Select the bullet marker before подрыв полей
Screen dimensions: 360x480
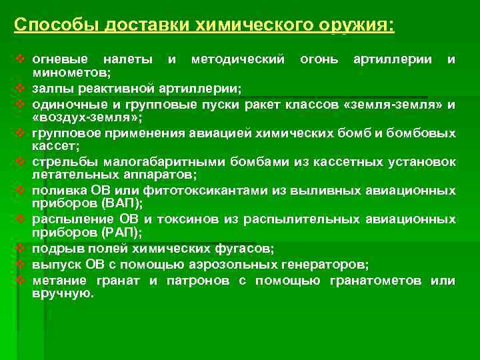click(x=19, y=249)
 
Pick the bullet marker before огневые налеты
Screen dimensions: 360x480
click(x=19, y=59)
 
